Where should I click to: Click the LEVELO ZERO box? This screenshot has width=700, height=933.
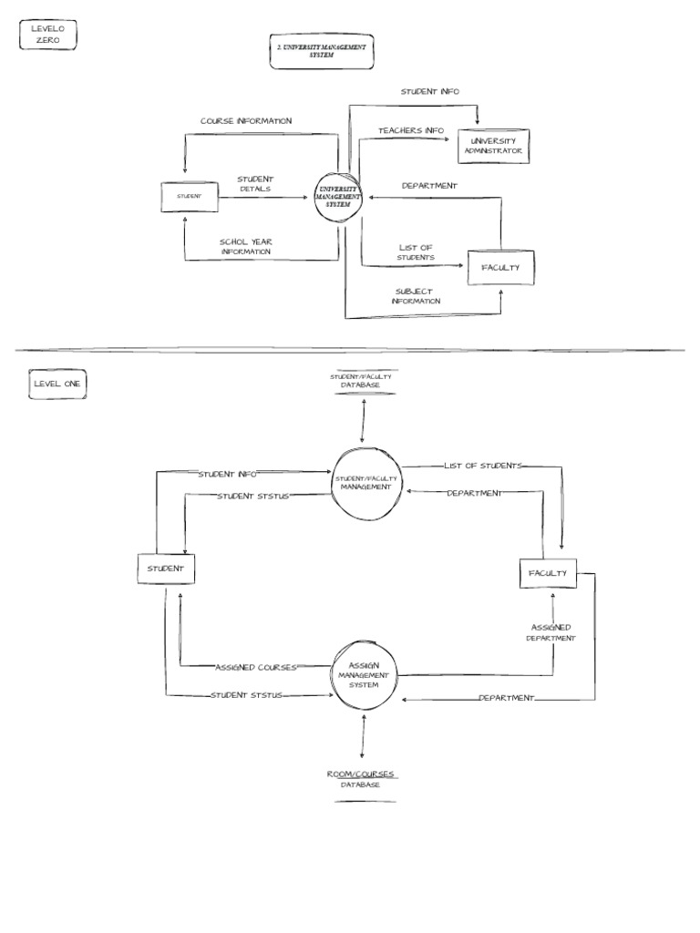click(46, 36)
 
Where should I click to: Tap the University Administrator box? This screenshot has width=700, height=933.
click(494, 146)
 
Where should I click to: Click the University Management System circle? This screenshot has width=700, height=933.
click(338, 197)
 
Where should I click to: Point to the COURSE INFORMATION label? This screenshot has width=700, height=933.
click(246, 121)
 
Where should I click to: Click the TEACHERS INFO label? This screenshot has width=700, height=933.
click(411, 131)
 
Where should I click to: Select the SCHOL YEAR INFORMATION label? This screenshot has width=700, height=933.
click(246, 247)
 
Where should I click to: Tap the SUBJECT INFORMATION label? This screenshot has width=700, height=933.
click(416, 296)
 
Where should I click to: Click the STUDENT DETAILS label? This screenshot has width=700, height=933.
click(255, 183)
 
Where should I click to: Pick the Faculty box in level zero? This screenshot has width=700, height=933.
click(500, 268)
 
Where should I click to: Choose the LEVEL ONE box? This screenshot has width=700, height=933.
click(57, 384)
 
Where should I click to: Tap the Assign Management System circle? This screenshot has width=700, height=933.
click(363, 675)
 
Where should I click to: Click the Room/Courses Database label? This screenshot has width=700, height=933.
click(362, 779)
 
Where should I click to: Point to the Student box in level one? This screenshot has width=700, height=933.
click(166, 569)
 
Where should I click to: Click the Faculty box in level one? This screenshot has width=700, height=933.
click(547, 574)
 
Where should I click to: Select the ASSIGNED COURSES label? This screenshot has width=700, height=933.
click(256, 667)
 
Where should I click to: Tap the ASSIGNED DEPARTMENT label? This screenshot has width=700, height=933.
click(551, 633)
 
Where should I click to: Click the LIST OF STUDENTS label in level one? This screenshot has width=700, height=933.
click(484, 466)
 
